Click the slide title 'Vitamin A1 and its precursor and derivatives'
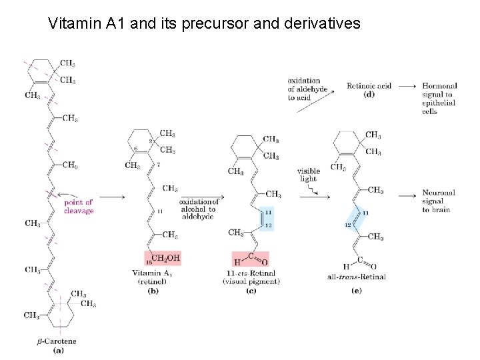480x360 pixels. (x=204, y=24)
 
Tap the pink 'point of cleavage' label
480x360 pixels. (x=79, y=207)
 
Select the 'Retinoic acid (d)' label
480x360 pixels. (x=369, y=89)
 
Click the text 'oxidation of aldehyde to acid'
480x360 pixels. (x=304, y=89)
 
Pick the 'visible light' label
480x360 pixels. (x=309, y=175)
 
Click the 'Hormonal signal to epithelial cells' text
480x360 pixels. (x=439, y=99)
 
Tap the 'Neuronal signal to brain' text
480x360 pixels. (x=439, y=201)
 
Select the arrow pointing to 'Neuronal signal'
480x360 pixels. (x=408, y=195)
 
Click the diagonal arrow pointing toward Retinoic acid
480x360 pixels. (x=316, y=110)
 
